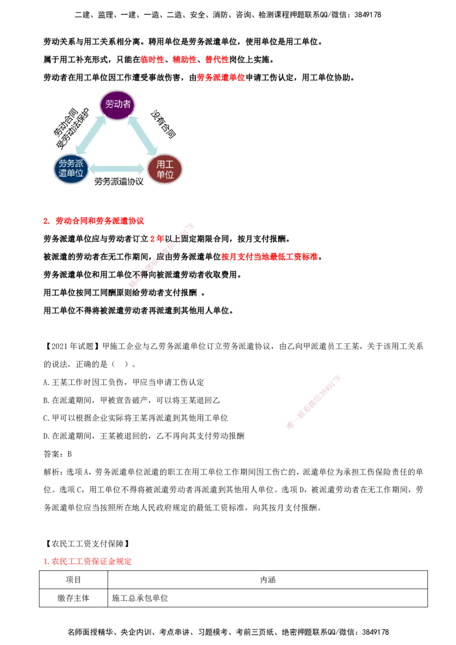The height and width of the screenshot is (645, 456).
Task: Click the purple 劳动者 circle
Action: pyautogui.click(x=117, y=104)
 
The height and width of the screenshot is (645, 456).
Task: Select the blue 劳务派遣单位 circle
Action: pyautogui.click(x=71, y=169)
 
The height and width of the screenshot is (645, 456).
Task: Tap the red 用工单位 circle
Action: pyautogui.click(x=165, y=169)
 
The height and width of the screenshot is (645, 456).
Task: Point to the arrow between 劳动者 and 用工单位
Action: pyautogui.click(x=142, y=136)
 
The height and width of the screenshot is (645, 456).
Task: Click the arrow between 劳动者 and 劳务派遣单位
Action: pyautogui.click(x=91, y=136)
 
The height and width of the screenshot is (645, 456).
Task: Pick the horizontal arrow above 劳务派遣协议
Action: pyautogui.click(x=117, y=168)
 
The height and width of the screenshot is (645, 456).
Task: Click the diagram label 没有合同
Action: pyautogui.click(x=163, y=124)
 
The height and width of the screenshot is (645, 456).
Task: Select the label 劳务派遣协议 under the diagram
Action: pyautogui.click(x=119, y=181)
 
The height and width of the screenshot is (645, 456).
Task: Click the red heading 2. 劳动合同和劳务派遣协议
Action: pyautogui.click(x=94, y=221)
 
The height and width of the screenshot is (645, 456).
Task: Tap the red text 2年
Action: pyautogui.click(x=157, y=239)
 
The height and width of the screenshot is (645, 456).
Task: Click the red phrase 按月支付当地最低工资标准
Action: pyautogui.click(x=270, y=256)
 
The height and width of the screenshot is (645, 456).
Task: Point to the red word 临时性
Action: pyautogui.click(x=153, y=60)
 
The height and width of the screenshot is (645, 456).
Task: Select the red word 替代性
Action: pyautogui.click(x=217, y=60)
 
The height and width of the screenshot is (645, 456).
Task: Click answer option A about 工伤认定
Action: pyautogui.click(x=124, y=382)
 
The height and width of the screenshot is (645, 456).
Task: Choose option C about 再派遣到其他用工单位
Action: pyautogui.click(x=136, y=418)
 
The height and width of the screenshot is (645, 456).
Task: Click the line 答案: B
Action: pyautogui.click(x=58, y=454)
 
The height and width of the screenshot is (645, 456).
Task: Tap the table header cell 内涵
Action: pyautogui.click(x=268, y=579)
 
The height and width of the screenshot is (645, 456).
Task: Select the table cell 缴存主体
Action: pyautogui.click(x=74, y=598)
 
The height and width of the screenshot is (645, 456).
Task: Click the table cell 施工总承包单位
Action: pyautogui.click(x=140, y=598)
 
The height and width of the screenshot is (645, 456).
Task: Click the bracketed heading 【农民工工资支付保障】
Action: pyautogui.click(x=87, y=544)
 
